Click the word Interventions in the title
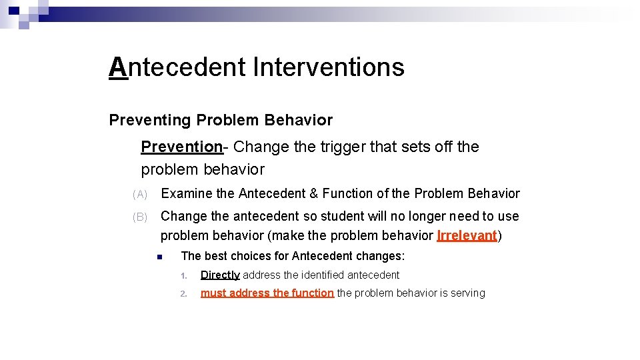coord(329,67)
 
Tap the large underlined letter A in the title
coord(118,67)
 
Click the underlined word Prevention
coord(181,147)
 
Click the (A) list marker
coord(140,195)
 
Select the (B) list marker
coord(140,217)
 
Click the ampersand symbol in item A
coord(313,194)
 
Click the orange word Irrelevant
coord(467,236)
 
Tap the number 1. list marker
coord(185,275)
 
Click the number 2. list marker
coord(185,293)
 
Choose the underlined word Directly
coord(220,275)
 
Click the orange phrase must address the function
coord(267,293)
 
